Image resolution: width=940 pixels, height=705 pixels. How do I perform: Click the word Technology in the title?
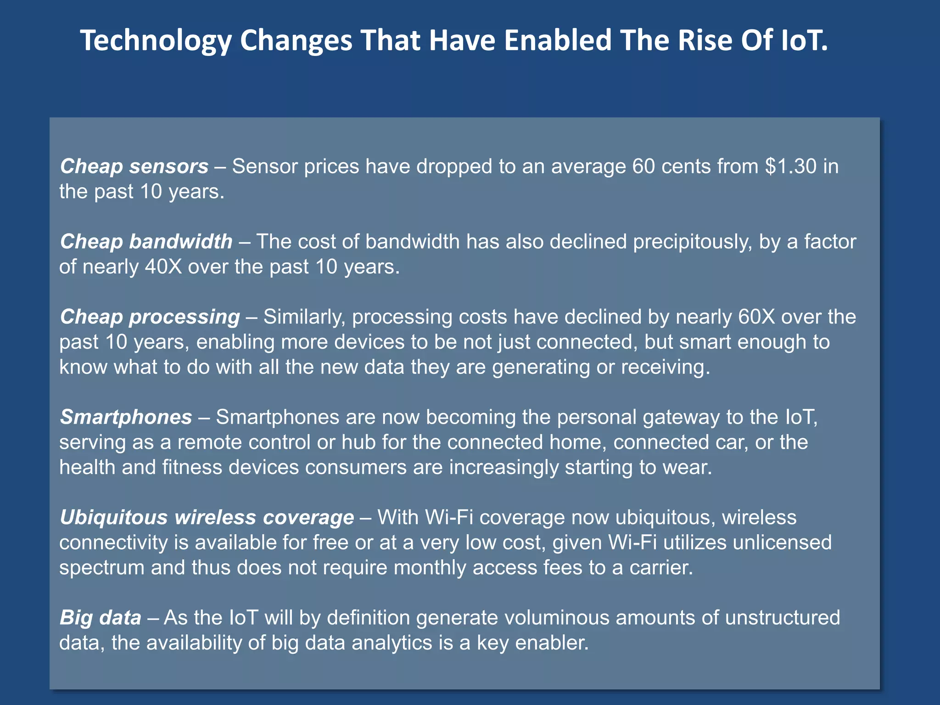(x=156, y=41)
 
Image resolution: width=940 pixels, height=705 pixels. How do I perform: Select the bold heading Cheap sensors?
(x=134, y=166)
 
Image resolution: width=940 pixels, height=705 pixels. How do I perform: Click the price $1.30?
(x=791, y=166)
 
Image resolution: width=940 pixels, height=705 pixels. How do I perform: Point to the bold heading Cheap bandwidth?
(x=146, y=241)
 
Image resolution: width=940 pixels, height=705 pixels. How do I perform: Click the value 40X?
(x=163, y=267)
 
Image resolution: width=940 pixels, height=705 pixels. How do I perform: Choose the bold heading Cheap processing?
(x=150, y=317)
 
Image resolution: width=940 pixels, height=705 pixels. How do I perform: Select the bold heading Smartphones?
(x=126, y=417)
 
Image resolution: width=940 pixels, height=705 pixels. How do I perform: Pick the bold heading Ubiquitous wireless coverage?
(x=207, y=517)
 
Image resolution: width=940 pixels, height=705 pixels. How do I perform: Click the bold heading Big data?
(x=100, y=617)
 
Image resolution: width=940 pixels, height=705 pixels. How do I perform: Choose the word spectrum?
(x=102, y=568)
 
